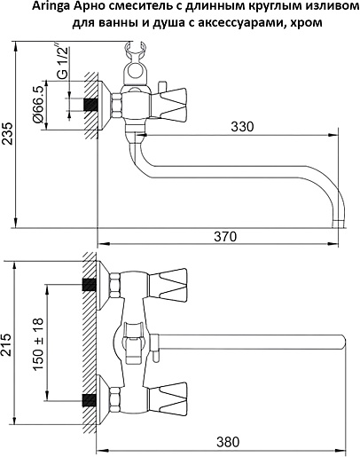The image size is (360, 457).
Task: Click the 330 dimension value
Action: coord(242,127)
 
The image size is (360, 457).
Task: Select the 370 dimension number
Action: coord(225,237)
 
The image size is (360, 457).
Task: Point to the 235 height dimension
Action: coord(8,133)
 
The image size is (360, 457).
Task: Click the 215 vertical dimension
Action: coord(6,344)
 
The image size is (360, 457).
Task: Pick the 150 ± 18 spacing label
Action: coord(38,343)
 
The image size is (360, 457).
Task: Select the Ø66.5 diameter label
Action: coord(38,105)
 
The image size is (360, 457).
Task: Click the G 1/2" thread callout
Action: coord(62,62)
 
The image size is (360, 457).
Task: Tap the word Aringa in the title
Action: coord(48,7)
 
